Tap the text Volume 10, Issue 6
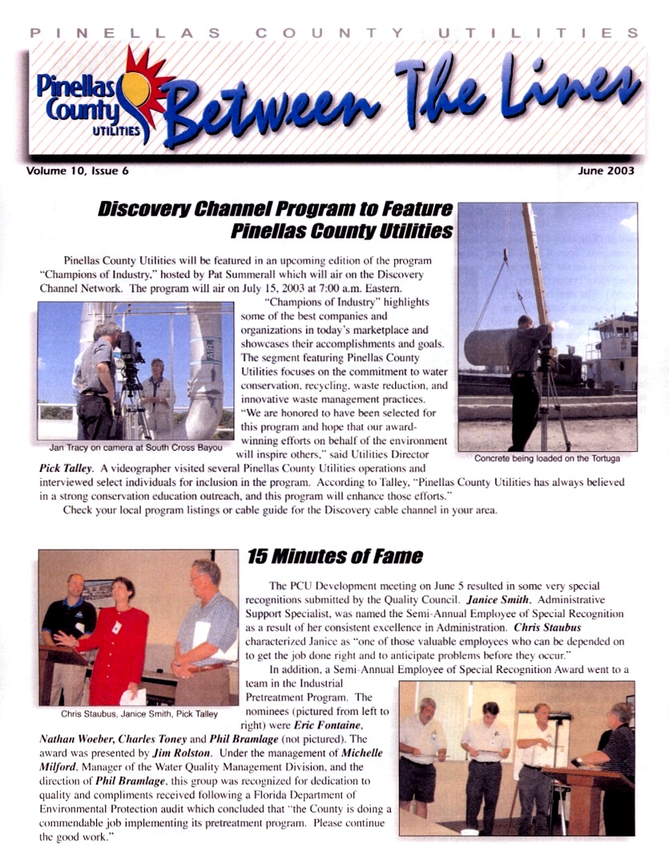point(76,171)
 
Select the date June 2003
point(606,171)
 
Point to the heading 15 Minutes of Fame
point(334,556)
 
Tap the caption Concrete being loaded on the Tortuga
point(547,459)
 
